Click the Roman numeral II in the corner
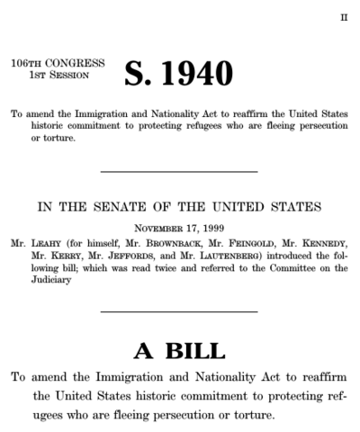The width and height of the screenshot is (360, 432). (x=343, y=17)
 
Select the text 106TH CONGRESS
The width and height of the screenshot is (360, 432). (x=58, y=64)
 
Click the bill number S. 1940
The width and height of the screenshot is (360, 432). (x=178, y=72)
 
